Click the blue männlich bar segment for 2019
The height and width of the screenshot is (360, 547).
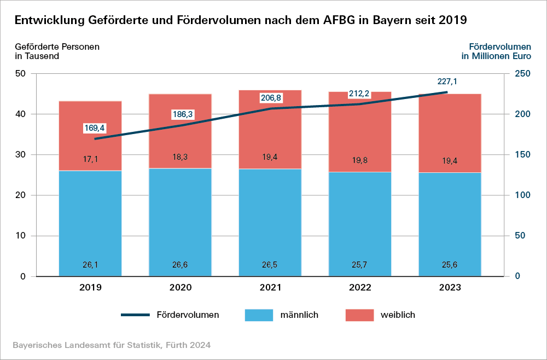[x=90, y=219]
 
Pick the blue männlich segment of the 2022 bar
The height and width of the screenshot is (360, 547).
[x=360, y=219]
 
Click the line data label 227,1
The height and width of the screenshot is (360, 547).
[x=447, y=82]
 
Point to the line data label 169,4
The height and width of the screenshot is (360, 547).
[x=94, y=128]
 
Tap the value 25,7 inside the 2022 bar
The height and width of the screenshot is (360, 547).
[x=360, y=265]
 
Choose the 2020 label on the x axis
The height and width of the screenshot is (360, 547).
[x=180, y=288]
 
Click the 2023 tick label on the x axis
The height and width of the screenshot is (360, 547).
[x=450, y=288]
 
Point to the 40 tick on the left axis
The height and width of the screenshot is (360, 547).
[x=21, y=114]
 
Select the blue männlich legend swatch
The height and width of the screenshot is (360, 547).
[x=259, y=315]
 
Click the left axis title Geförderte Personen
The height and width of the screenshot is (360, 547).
[x=57, y=47]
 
